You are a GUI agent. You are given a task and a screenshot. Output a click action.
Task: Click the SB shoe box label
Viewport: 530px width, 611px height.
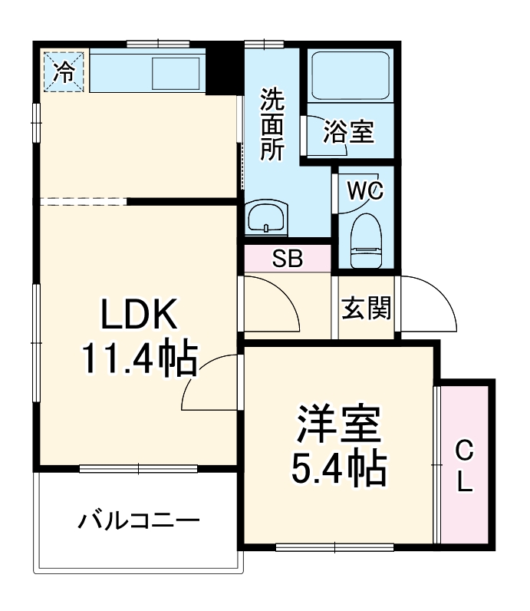coord(287,259)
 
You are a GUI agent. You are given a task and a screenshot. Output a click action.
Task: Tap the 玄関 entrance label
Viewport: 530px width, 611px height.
coord(366,309)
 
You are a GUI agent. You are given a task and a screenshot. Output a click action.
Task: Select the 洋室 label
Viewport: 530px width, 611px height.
coord(338,427)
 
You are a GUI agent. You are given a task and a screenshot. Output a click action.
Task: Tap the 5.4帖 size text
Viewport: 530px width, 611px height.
coord(338,468)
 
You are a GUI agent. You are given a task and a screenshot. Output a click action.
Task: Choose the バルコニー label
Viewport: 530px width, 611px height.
coord(139,523)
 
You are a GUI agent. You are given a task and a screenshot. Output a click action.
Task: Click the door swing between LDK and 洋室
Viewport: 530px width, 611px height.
coord(211,384)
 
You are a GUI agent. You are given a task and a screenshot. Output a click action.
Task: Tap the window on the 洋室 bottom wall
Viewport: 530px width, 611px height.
coord(334,547)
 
